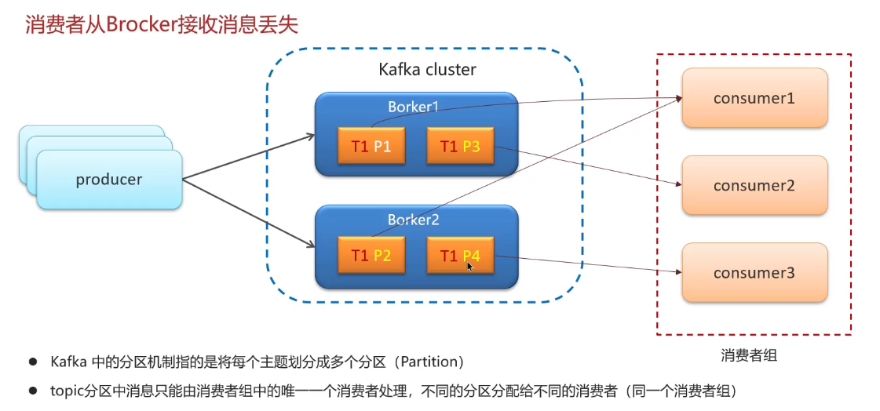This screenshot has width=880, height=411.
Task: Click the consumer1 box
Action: (x=754, y=98)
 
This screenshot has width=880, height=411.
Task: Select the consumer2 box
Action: (x=754, y=186)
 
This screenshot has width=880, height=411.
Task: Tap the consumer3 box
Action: (x=754, y=273)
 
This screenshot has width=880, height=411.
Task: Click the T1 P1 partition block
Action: (x=371, y=147)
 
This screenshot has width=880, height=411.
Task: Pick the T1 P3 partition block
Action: (x=460, y=147)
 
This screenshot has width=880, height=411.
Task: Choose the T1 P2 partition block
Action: (x=371, y=256)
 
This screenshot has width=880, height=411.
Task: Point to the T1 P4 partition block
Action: (x=460, y=256)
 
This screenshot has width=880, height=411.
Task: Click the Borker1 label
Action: (x=413, y=107)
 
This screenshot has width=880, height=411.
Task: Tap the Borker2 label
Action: (x=413, y=220)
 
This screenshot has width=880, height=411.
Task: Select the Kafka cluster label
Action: (x=427, y=70)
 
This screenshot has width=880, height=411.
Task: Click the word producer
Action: (x=109, y=180)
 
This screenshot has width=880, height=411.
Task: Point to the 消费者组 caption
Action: (x=749, y=355)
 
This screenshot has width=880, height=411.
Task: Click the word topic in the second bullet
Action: (x=65, y=391)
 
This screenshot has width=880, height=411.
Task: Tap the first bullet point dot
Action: (x=33, y=362)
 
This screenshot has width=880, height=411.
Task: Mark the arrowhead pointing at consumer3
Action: (x=677, y=272)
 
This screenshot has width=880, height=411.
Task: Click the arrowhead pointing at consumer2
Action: (x=677, y=184)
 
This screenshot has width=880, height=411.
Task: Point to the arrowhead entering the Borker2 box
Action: (x=310, y=245)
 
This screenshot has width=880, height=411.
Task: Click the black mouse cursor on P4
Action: (x=469, y=267)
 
